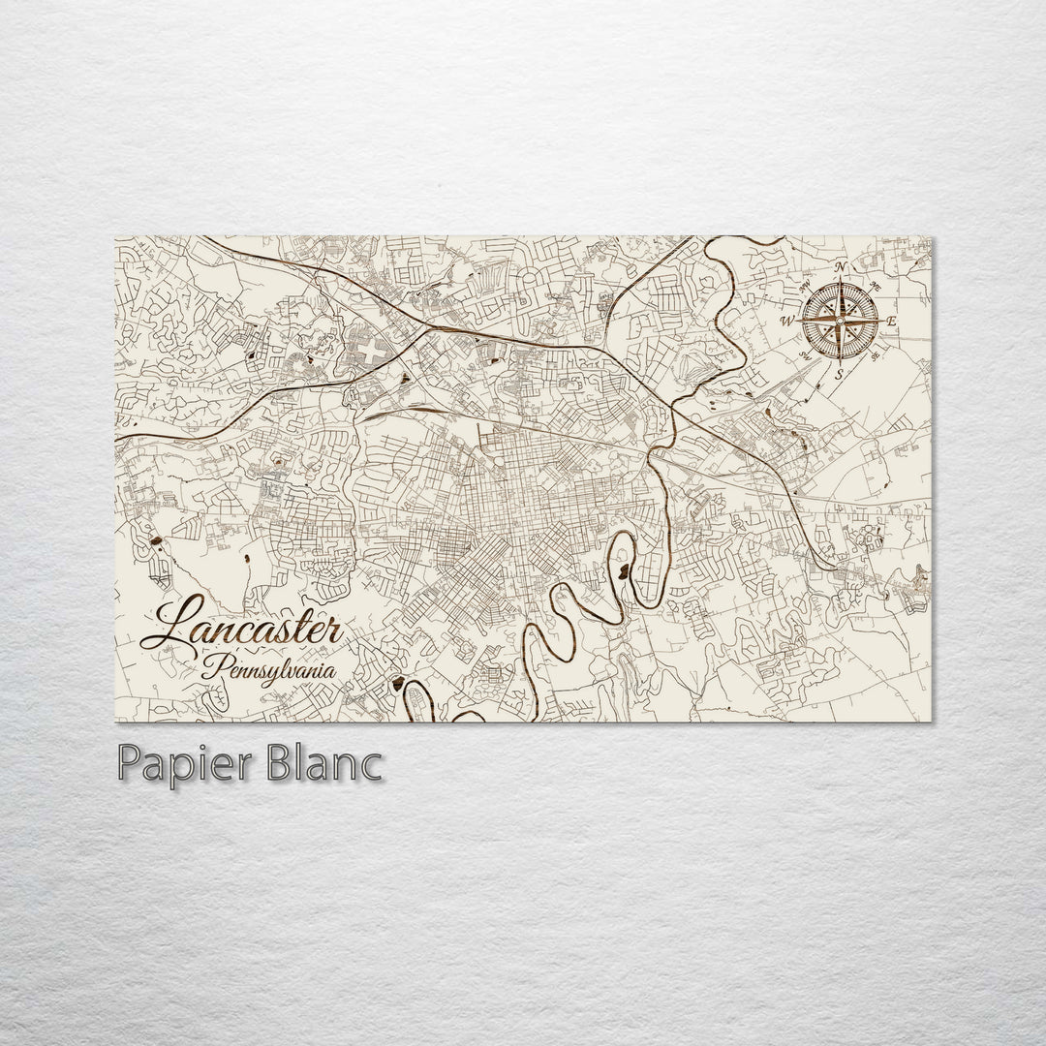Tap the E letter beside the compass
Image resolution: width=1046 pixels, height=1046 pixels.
click(892, 321)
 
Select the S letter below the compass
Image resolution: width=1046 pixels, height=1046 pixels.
click(839, 373)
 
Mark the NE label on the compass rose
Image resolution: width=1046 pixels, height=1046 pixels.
click(875, 284)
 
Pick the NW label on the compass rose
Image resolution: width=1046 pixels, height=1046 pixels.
click(804, 285)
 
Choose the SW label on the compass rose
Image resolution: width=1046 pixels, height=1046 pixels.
click(804, 356)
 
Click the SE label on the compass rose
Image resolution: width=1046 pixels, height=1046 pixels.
click(875, 356)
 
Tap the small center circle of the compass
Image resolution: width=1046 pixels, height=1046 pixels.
click(840, 320)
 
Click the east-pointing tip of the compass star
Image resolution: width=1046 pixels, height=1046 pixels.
click(879, 320)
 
